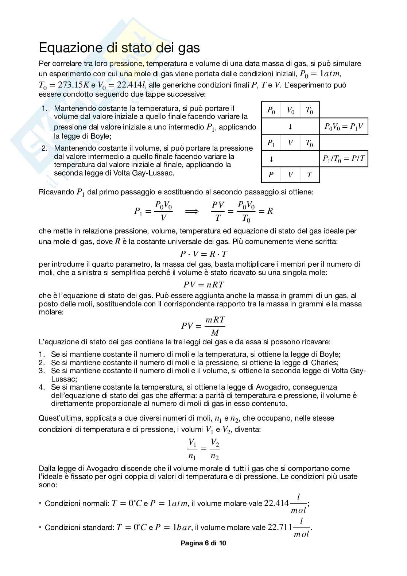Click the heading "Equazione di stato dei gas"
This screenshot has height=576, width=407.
(119, 48)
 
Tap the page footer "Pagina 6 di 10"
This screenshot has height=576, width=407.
(204, 543)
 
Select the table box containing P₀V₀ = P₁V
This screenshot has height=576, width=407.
(344, 126)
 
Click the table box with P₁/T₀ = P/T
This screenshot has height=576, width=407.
(344, 159)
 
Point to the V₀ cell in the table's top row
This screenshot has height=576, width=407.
(290, 110)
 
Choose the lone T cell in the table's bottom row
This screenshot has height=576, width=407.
(309, 175)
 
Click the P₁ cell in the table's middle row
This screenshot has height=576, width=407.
(271, 143)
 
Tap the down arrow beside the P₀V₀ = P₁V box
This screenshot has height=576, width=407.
(290, 127)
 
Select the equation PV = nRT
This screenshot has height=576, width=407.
(204, 285)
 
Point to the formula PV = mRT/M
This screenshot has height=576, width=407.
(204, 326)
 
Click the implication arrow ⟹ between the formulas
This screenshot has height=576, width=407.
(192, 211)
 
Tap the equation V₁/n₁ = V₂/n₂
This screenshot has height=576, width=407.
(204, 449)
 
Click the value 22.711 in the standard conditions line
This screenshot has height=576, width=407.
(280, 527)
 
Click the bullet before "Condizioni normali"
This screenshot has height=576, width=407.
(40, 503)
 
